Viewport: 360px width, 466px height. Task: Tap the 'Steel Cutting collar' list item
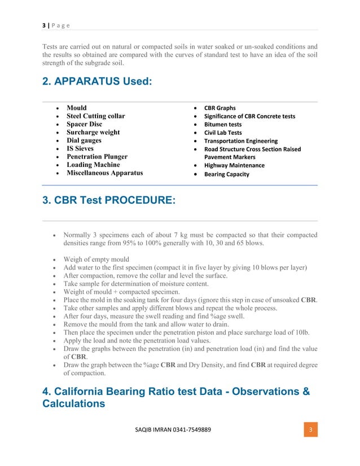tap(96, 116)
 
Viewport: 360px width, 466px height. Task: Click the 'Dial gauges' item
tap(84, 140)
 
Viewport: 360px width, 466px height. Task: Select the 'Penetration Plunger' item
tap(97, 157)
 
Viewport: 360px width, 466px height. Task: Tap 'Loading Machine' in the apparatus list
tap(93, 165)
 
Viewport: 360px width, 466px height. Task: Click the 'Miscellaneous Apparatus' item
tap(104, 173)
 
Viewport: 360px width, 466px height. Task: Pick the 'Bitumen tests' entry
tap(223, 124)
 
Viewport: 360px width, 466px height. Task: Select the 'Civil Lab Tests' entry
tap(223, 133)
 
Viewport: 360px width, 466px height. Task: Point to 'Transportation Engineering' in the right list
tap(241, 141)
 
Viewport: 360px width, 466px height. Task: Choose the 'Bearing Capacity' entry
tap(227, 174)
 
